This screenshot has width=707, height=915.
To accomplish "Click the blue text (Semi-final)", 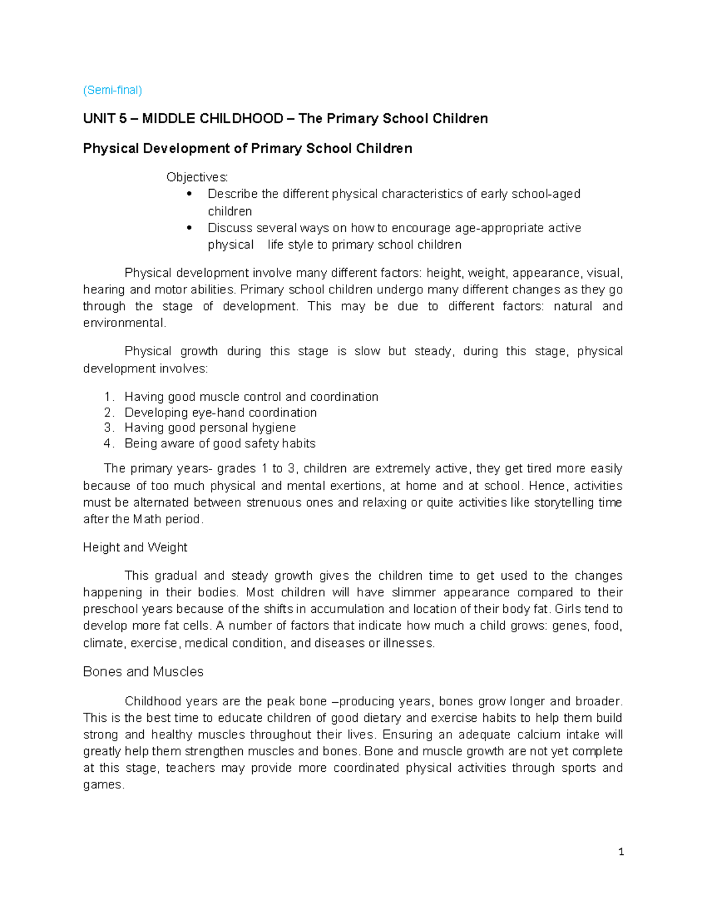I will (x=113, y=90).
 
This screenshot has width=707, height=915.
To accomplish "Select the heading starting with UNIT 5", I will (x=285, y=118).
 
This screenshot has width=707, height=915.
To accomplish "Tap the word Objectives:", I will (x=197, y=177).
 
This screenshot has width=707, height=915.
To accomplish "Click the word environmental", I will (x=124, y=323).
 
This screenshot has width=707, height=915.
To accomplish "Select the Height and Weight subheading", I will (x=135, y=547).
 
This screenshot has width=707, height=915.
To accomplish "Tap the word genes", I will (x=570, y=626).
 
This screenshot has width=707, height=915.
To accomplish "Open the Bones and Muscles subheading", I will (x=143, y=672).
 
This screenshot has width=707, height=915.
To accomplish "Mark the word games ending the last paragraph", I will (x=103, y=785).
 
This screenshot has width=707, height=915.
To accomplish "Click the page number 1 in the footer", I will (x=621, y=852).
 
